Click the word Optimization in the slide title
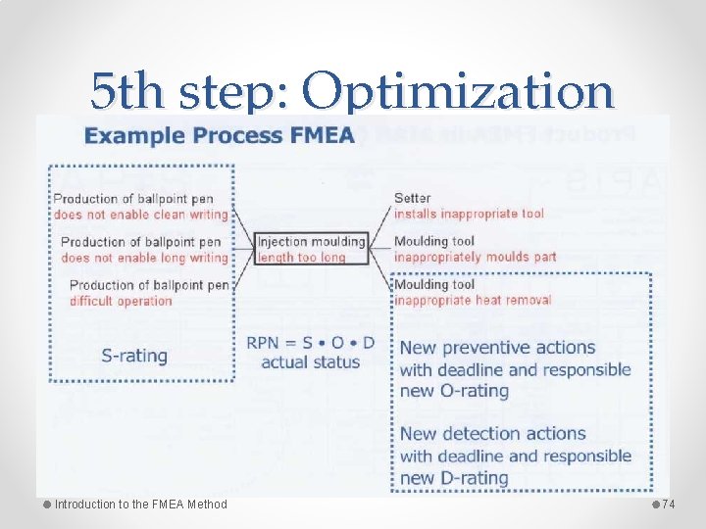(x=458, y=93)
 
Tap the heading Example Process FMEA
(x=220, y=135)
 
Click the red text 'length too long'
(x=302, y=258)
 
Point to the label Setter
(x=413, y=198)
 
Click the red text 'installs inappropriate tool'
(x=469, y=214)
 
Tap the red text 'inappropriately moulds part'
(x=475, y=257)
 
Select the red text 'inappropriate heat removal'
(x=473, y=300)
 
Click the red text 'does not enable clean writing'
(x=141, y=214)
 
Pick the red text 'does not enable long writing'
(x=144, y=258)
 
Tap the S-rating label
(x=134, y=356)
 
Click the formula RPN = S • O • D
(x=310, y=344)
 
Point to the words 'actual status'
(x=311, y=362)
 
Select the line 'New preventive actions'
(x=497, y=348)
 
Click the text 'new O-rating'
(x=454, y=391)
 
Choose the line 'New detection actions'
(x=493, y=434)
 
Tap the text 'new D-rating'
(x=454, y=478)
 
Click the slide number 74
(x=670, y=504)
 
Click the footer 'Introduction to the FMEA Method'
(x=140, y=505)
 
